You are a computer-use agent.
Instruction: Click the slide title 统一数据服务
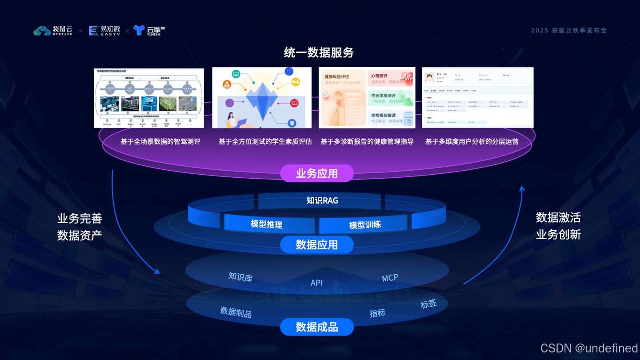(x=319, y=53)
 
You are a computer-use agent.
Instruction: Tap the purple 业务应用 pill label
(x=317, y=173)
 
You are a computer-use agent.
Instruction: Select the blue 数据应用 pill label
(x=317, y=244)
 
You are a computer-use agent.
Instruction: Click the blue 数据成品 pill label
(x=317, y=328)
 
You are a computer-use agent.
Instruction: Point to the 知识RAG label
(x=322, y=200)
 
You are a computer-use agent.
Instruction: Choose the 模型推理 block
(x=267, y=224)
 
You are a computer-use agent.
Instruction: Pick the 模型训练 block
(x=365, y=224)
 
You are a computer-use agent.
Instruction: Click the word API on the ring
(x=316, y=283)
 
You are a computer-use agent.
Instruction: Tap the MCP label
(x=390, y=278)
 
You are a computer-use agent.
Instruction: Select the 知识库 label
(x=240, y=277)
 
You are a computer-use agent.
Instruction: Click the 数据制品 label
(x=236, y=312)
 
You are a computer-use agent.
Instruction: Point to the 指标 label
(x=377, y=313)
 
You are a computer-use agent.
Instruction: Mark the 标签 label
(x=428, y=304)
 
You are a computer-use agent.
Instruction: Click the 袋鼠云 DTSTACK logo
(x=53, y=31)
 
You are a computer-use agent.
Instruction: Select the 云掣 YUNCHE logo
(x=149, y=31)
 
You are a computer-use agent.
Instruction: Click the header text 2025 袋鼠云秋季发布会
(x=568, y=31)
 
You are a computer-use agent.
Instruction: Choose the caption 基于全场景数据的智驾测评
(x=160, y=141)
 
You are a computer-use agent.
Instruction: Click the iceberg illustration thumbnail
(x=262, y=98)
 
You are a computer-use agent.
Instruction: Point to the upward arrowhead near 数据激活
(x=522, y=189)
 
